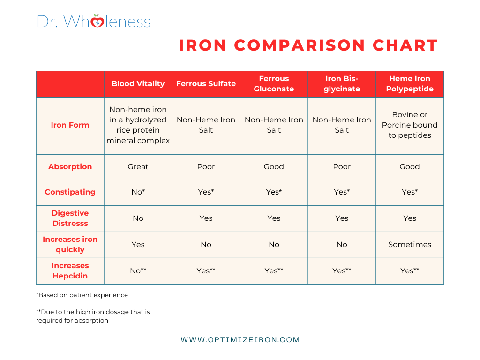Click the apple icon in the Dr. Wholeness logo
tap(97, 22)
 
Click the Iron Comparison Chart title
tap(308, 45)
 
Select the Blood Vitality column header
tap(138, 84)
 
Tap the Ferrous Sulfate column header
tap(206, 84)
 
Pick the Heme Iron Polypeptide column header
tap(410, 84)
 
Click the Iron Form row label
tap(70, 125)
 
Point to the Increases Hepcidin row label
tap(70, 271)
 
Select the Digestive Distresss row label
tap(70, 218)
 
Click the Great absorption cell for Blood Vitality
tap(138, 167)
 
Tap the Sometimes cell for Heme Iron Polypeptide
tap(410, 245)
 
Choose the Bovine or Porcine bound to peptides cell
tap(410, 125)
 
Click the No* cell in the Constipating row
tap(138, 192)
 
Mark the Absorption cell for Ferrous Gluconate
tap(274, 167)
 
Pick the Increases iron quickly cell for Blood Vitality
tap(138, 245)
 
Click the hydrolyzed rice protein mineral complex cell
tap(138, 125)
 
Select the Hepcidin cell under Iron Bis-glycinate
tap(342, 271)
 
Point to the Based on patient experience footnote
tap(82, 295)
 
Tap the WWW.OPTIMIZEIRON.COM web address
tap(240, 340)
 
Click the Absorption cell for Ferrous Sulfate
tap(206, 167)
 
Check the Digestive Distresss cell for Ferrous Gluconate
tap(274, 218)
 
